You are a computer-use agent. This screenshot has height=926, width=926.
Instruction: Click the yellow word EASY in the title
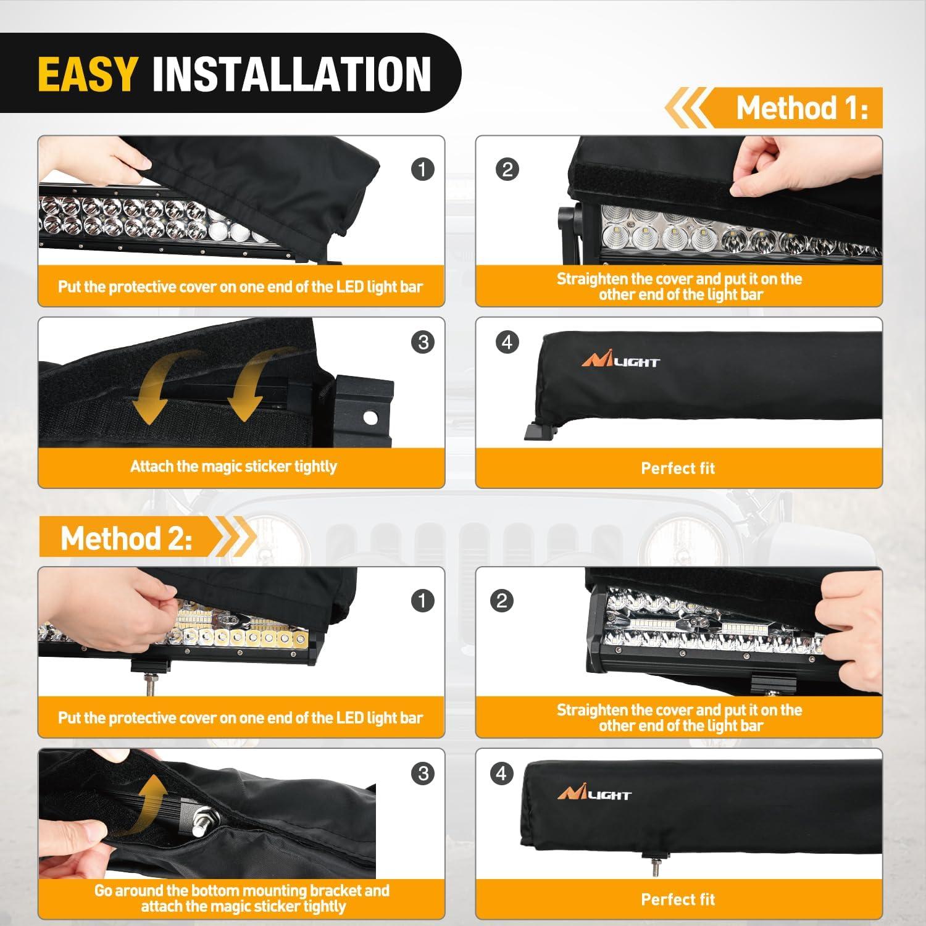click(x=86, y=74)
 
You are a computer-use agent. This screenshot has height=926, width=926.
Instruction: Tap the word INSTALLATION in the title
click(x=291, y=74)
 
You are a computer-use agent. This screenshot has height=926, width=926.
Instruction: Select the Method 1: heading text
click(x=802, y=109)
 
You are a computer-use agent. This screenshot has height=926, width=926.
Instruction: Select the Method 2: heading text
click(x=127, y=538)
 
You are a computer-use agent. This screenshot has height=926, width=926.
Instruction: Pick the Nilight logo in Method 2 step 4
click(x=594, y=793)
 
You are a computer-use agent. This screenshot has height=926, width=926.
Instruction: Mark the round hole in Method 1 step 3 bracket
click(x=370, y=418)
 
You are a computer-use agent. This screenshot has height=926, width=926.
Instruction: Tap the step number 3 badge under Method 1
click(x=423, y=342)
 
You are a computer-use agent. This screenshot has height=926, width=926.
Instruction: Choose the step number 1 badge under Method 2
click(x=422, y=600)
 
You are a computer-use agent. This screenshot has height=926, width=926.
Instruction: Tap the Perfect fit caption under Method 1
click(x=678, y=468)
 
